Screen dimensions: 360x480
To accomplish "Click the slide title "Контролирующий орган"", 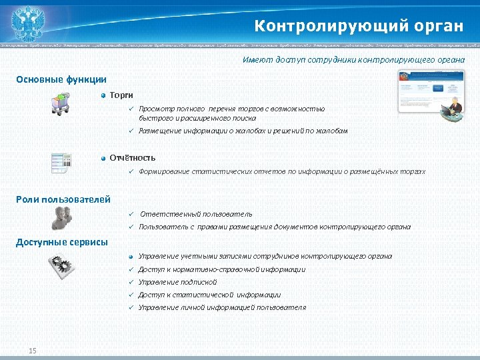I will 358,26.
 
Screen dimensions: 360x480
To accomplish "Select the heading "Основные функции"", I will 61,79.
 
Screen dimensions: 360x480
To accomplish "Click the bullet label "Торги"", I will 121,95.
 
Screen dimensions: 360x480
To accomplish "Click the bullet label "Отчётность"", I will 133,157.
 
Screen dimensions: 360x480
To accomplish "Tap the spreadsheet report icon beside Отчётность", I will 61,163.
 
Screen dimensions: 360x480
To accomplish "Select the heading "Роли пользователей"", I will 63,199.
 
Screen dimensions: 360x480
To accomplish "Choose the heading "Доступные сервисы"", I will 62,242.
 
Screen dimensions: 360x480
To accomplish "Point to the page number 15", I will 33,351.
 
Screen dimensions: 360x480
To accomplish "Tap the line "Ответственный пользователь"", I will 195,214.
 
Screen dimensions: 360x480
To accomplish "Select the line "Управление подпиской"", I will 178,282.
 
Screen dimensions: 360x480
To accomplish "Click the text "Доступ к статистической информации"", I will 209,295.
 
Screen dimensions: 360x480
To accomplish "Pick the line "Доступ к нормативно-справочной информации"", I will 221,269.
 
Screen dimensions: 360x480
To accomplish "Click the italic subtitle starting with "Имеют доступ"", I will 353,60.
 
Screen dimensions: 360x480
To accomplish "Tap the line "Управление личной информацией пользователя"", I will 222,307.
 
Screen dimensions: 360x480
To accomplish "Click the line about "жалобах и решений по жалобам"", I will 243,131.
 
